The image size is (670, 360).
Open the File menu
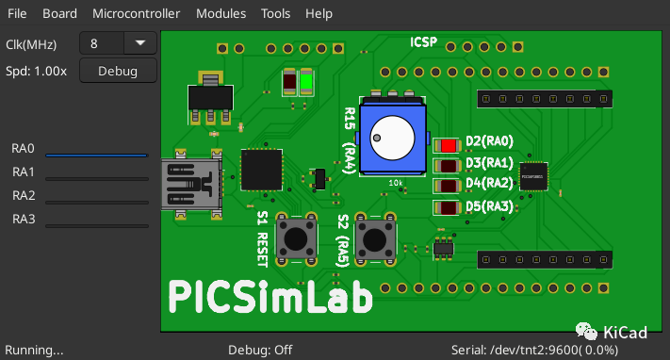[18, 14]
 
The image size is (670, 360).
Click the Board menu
[59, 14]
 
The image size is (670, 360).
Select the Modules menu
[221, 14]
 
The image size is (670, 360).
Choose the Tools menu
[275, 14]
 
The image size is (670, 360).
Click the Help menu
[319, 14]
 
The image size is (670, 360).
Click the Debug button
[118, 71]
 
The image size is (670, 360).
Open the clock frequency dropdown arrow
[140, 42]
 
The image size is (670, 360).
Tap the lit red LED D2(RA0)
[447, 145]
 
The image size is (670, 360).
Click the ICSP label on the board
[423, 42]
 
